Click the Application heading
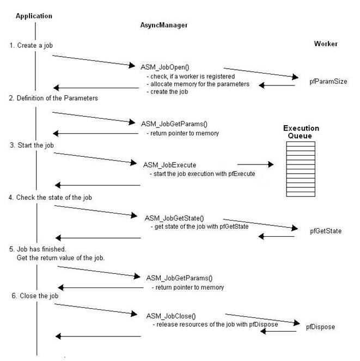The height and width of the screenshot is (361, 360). click(x=34, y=16)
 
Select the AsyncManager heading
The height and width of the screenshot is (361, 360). click(x=164, y=25)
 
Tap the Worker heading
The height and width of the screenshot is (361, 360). click(x=326, y=44)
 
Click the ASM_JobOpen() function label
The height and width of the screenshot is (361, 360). click(x=165, y=67)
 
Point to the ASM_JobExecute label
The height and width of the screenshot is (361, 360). click(x=169, y=165)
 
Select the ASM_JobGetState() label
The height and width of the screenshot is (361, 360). click(x=174, y=218)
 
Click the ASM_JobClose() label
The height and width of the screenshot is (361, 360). click(x=171, y=316)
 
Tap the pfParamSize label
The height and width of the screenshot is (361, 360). click(x=328, y=82)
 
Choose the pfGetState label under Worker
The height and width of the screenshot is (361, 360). click(x=326, y=231)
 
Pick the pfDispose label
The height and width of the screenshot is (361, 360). click(x=320, y=327)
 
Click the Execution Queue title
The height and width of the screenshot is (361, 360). click(x=301, y=132)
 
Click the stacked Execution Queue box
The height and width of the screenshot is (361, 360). click(x=301, y=169)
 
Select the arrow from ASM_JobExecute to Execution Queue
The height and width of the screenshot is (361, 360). click(x=255, y=164)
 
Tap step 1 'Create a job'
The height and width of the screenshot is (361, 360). click(x=31, y=45)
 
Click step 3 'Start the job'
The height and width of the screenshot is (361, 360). click(x=32, y=145)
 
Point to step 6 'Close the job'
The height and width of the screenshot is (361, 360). click(x=35, y=296)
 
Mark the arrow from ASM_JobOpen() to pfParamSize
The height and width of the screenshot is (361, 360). click(x=261, y=73)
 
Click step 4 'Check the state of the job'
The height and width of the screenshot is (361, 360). click(x=50, y=198)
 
